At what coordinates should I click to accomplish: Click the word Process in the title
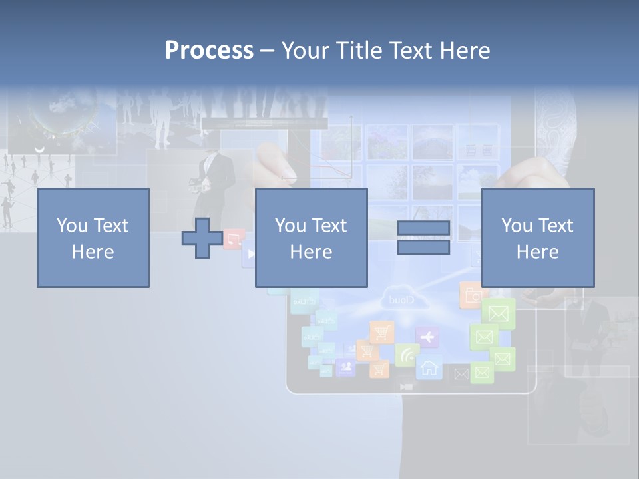[x=209, y=50]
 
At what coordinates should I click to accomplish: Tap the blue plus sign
[x=202, y=238]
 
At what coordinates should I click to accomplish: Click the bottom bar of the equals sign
[x=423, y=247]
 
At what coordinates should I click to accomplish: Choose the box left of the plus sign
[x=93, y=238]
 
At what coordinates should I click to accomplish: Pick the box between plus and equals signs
[x=311, y=238]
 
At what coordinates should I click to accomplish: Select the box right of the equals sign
[x=538, y=238]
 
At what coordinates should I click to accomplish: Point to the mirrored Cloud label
[x=401, y=301]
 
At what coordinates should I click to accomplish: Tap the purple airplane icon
[x=427, y=337]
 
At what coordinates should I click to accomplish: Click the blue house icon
[x=429, y=367]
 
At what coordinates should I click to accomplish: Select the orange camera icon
[x=473, y=296]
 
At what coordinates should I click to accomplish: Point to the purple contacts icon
[x=345, y=367]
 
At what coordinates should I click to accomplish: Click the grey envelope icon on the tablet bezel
[x=461, y=374]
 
